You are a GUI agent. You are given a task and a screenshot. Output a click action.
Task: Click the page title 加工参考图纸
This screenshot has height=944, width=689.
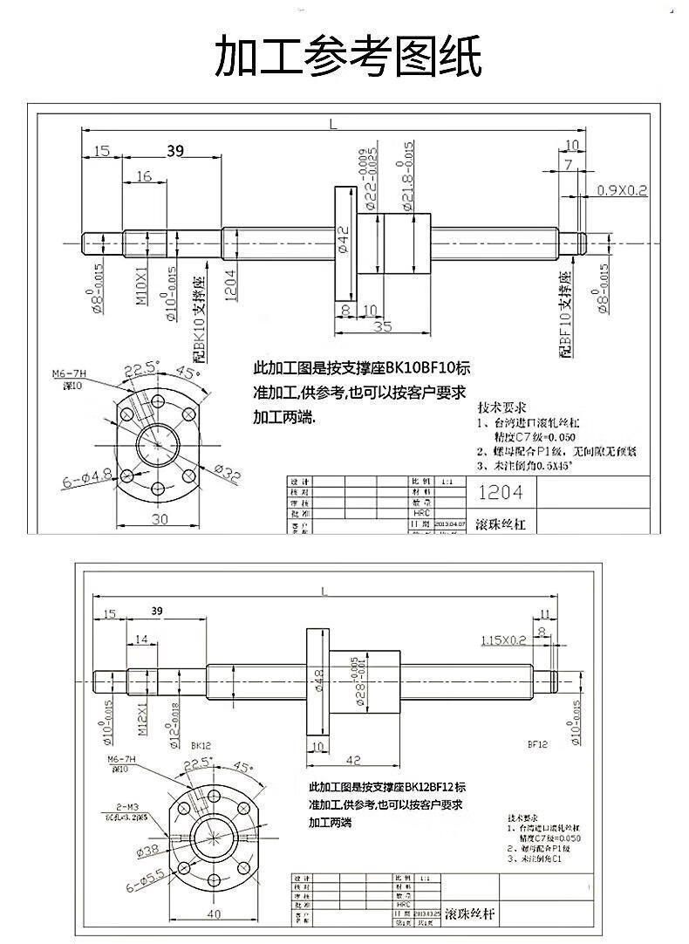[x=348, y=58]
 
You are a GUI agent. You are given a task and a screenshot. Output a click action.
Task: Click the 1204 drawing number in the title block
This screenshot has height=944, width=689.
[x=501, y=493]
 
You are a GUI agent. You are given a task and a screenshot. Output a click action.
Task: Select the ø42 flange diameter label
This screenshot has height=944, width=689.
[x=343, y=237]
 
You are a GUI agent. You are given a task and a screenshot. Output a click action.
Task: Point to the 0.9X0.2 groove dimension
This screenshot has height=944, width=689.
[x=622, y=189]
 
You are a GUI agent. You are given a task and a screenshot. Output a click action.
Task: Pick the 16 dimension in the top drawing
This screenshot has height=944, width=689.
[x=143, y=176]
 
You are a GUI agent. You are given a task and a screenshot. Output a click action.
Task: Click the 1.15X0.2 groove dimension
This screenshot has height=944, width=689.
[x=503, y=640]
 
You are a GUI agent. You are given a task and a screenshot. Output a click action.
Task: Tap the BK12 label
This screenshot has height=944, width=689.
[x=201, y=746]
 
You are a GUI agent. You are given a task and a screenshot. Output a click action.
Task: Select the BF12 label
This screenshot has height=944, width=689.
[x=536, y=744]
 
